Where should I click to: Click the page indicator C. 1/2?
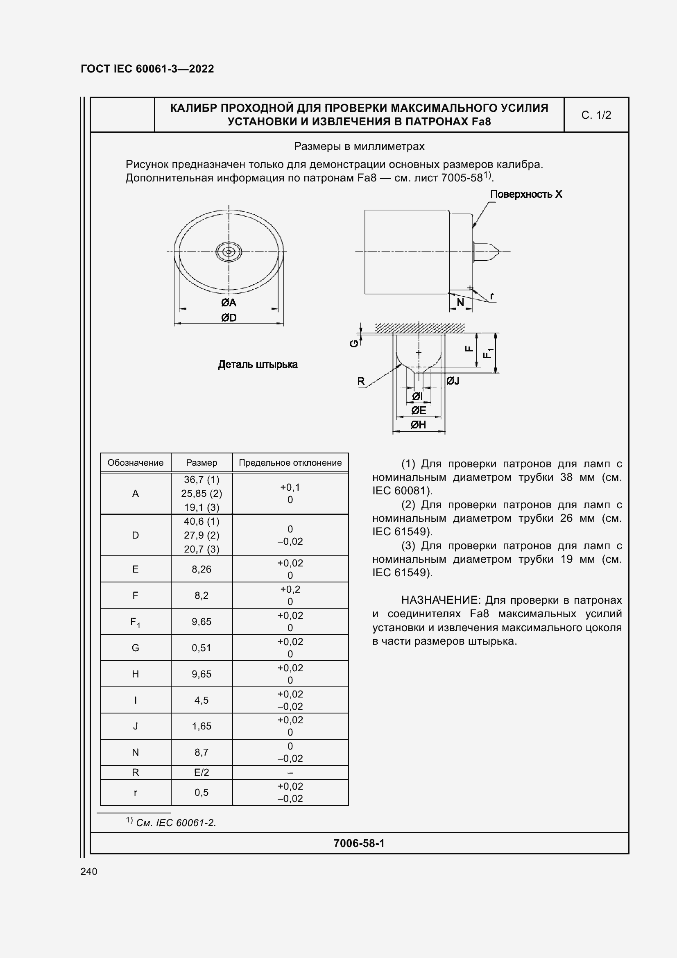(595, 115)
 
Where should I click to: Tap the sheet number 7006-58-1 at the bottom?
(359, 843)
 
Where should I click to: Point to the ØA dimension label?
(229, 303)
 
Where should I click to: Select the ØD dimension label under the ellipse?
(229, 318)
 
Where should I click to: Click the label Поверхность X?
(525, 195)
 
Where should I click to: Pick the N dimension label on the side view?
(460, 303)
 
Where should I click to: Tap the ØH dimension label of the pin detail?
(418, 425)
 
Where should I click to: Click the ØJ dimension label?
(453, 380)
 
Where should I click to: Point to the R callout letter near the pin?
(361, 381)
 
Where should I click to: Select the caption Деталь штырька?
(258, 365)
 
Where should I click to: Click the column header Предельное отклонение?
(290, 463)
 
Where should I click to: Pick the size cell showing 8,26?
(202, 569)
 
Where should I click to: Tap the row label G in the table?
(135, 648)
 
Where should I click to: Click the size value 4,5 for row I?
(202, 700)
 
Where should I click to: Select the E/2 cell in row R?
(202, 772)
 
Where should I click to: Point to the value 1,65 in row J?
(202, 726)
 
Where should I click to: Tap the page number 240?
(89, 872)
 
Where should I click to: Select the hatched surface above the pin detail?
(419, 328)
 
